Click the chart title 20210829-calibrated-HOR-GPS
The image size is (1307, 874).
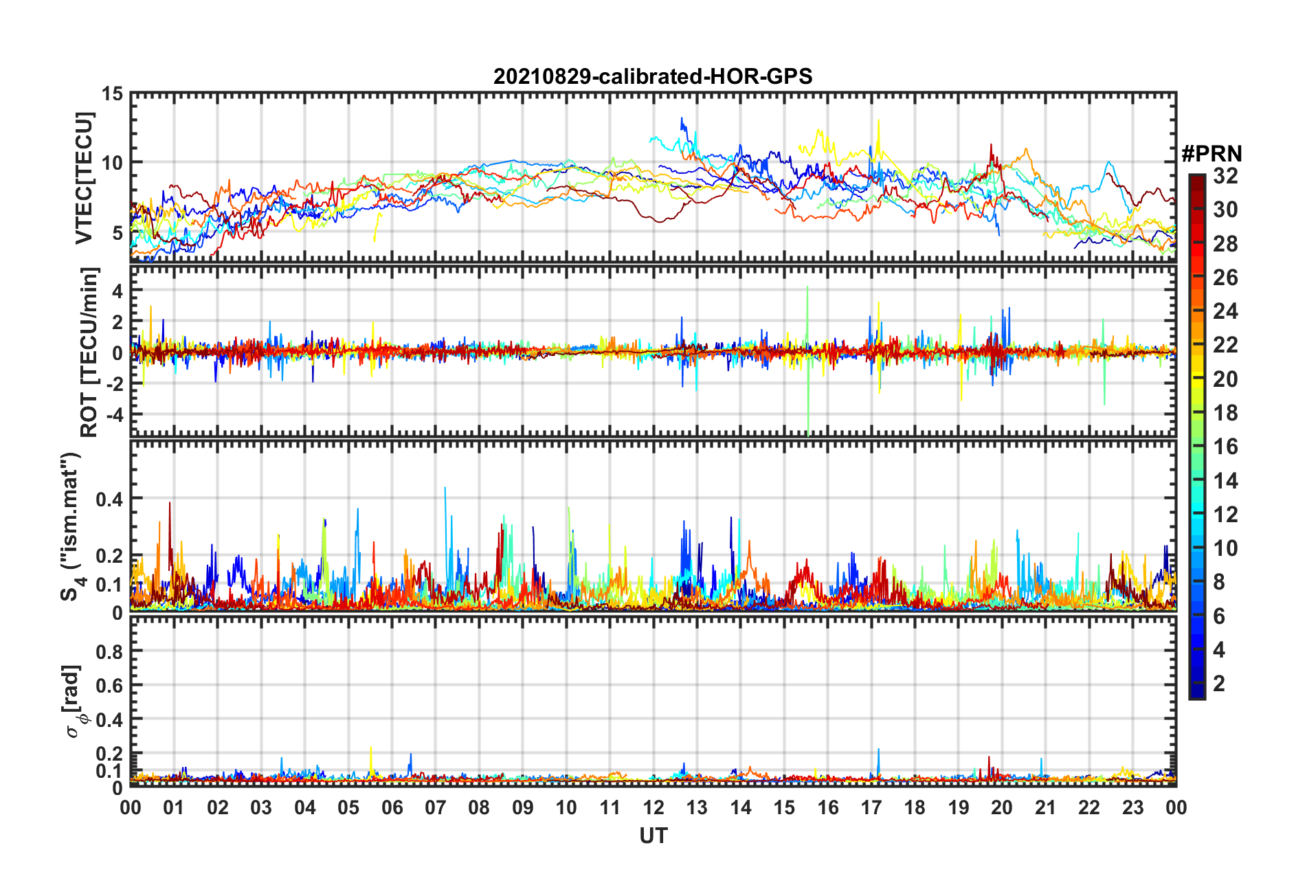pos(653,76)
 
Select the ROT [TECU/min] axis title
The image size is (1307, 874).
pos(89,352)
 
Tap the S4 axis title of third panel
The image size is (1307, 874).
pos(71,526)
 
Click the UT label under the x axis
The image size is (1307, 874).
pos(653,836)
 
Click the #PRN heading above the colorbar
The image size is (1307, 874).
pos(1211,154)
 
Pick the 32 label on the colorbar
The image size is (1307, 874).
pos(1225,176)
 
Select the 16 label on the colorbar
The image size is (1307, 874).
pos(1225,447)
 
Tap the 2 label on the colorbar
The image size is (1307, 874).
pos(1219,683)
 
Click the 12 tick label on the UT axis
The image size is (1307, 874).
pos(653,807)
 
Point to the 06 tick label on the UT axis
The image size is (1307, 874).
pos(392,807)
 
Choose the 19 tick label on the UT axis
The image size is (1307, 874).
pos(958,807)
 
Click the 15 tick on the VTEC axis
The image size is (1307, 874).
pos(112,93)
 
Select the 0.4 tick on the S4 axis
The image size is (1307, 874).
pos(109,499)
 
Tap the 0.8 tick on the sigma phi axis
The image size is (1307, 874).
pos(109,651)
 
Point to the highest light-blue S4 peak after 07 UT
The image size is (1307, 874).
pos(445,489)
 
